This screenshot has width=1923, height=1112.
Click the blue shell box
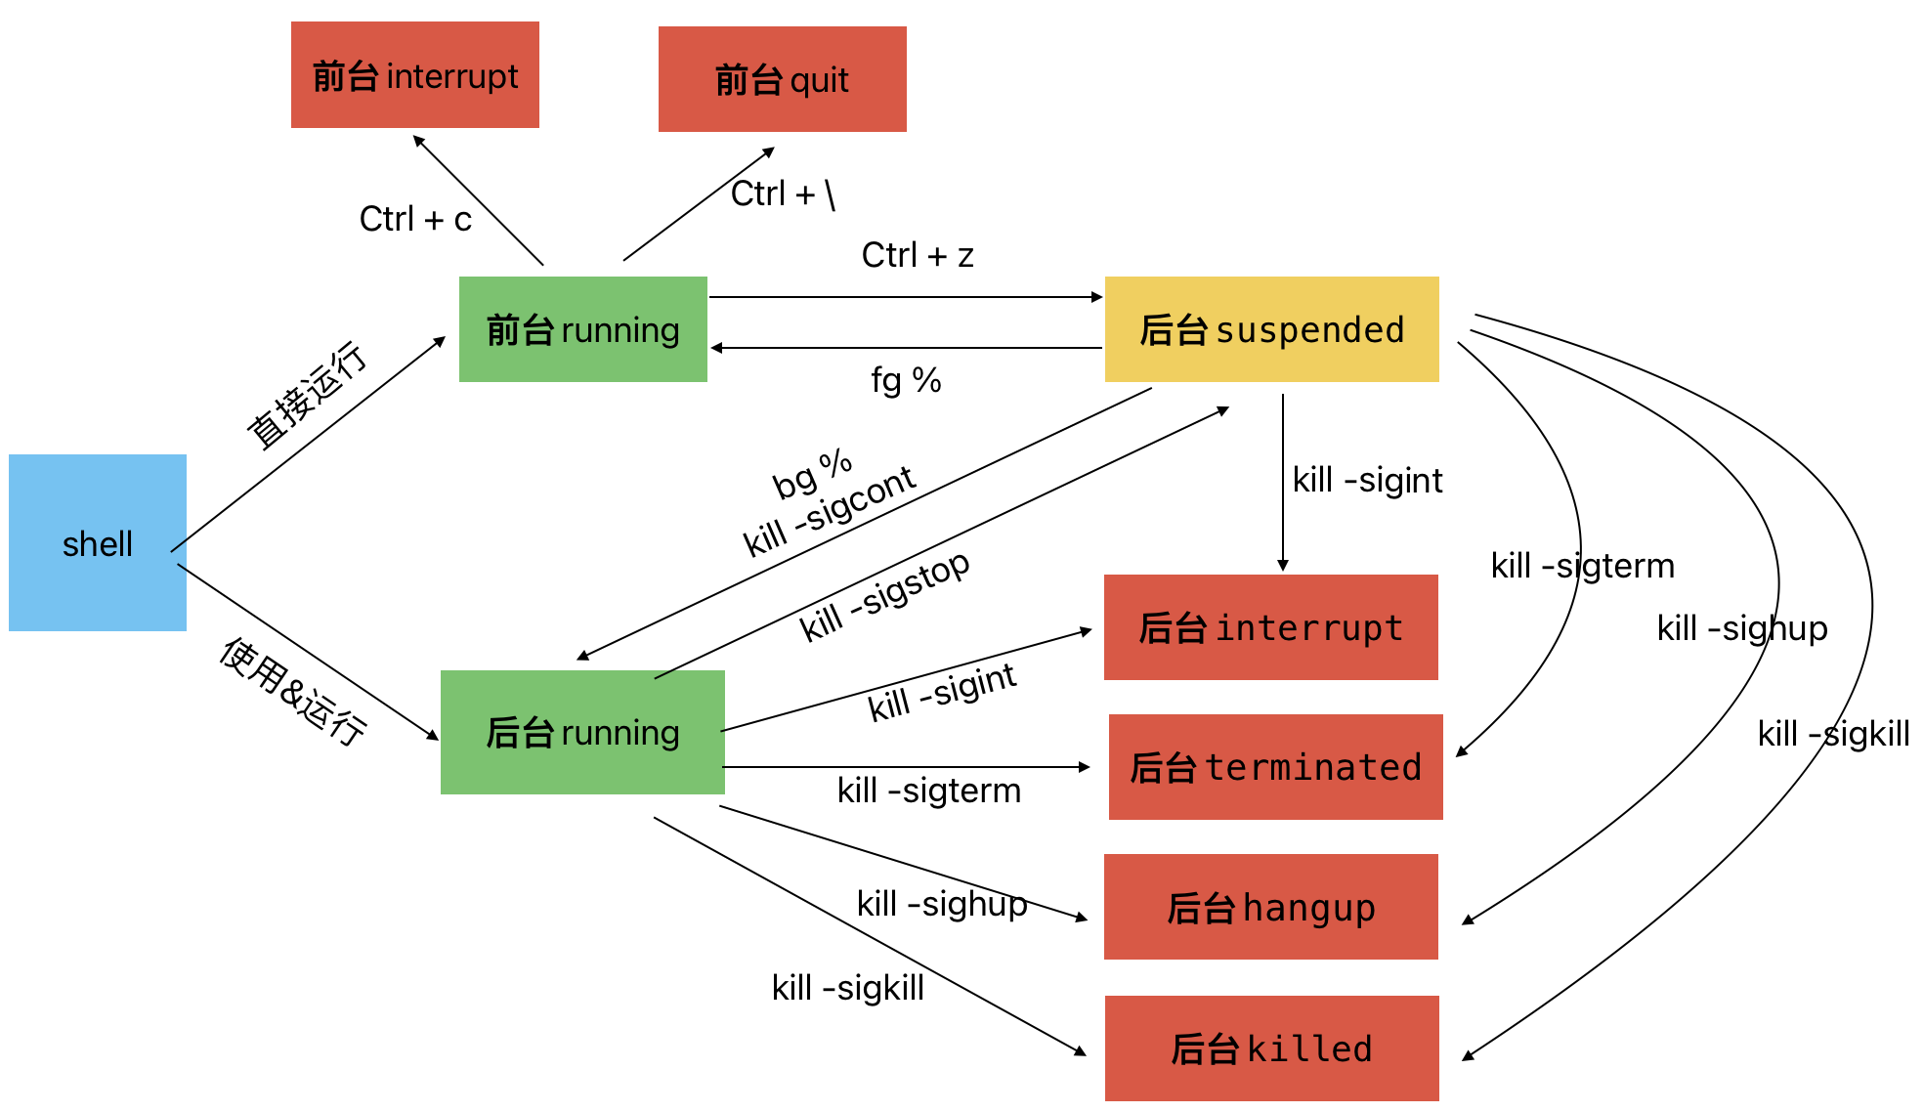(x=98, y=542)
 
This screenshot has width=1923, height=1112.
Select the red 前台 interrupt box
(x=415, y=75)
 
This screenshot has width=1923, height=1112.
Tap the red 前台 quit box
(x=783, y=79)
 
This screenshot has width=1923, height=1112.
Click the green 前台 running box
(x=583, y=329)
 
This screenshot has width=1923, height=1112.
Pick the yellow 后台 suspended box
(x=1272, y=329)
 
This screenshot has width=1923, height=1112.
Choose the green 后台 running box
(x=582, y=732)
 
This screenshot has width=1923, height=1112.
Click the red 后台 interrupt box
(x=1271, y=627)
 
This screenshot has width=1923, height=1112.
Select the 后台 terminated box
(x=1276, y=767)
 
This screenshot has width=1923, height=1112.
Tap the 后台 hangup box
(x=1271, y=907)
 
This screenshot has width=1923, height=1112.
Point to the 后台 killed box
(x=1272, y=1048)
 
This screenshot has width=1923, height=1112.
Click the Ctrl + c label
(x=415, y=219)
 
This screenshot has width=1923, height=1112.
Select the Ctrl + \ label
(x=783, y=193)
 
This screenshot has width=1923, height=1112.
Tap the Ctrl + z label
(x=918, y=255)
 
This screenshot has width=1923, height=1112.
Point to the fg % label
(x=906, y=380)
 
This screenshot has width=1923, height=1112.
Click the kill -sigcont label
(x=830, y=510)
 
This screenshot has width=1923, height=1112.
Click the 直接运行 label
(x=307, y=396)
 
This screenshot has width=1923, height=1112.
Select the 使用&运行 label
(x=293, y=691)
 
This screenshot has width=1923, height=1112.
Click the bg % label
(x=812, y=473)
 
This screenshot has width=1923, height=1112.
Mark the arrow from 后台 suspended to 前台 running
(x=907, y=348)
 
